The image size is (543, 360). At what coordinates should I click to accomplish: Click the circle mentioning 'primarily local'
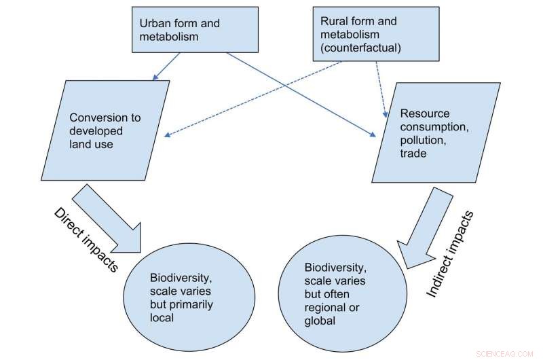click(x=179, y=291)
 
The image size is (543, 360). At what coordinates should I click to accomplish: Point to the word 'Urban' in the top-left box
click(x=155, y=23)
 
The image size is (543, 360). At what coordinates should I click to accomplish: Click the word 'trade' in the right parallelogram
click(x=413, y=154)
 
